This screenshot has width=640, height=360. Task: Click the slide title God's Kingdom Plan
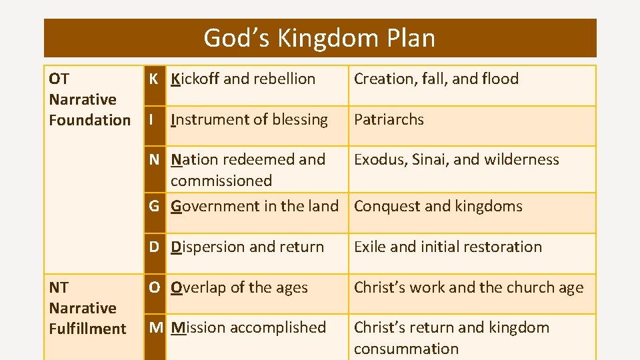(x=319, y=38)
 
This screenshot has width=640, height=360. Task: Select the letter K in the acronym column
(x=153, y=79)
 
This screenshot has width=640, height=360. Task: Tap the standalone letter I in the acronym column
(x=152, y=119)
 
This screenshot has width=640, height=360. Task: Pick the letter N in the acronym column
(x=154, y=159)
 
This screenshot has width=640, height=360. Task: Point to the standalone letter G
(x=154, y=206)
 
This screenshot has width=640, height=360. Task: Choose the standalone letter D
(x=154, y=247)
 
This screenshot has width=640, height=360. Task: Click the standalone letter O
(x=154, y=287)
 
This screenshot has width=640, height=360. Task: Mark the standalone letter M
(x=156, y=327)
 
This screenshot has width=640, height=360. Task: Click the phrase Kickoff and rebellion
(x=243, y=79)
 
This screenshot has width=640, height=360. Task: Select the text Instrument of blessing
(x=249, y=119)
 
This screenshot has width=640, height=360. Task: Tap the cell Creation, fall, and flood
(x=436, y=79)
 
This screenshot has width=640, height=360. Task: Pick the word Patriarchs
(x=389, y=119)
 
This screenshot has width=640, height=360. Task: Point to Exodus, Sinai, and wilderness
(x=457, y=159)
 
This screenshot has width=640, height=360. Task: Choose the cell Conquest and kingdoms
(x=438, y=206)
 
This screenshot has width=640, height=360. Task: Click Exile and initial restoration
(x=448, y=247)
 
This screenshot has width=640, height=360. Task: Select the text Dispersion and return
(x=247, y=247)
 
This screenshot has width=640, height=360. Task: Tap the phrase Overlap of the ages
(x=239, y=287)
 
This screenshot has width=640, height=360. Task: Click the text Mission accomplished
(x=249, y=327)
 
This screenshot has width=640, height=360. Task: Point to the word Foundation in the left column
(x=90, y=120)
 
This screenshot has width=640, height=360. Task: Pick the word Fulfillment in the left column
(x=87, y=329)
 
